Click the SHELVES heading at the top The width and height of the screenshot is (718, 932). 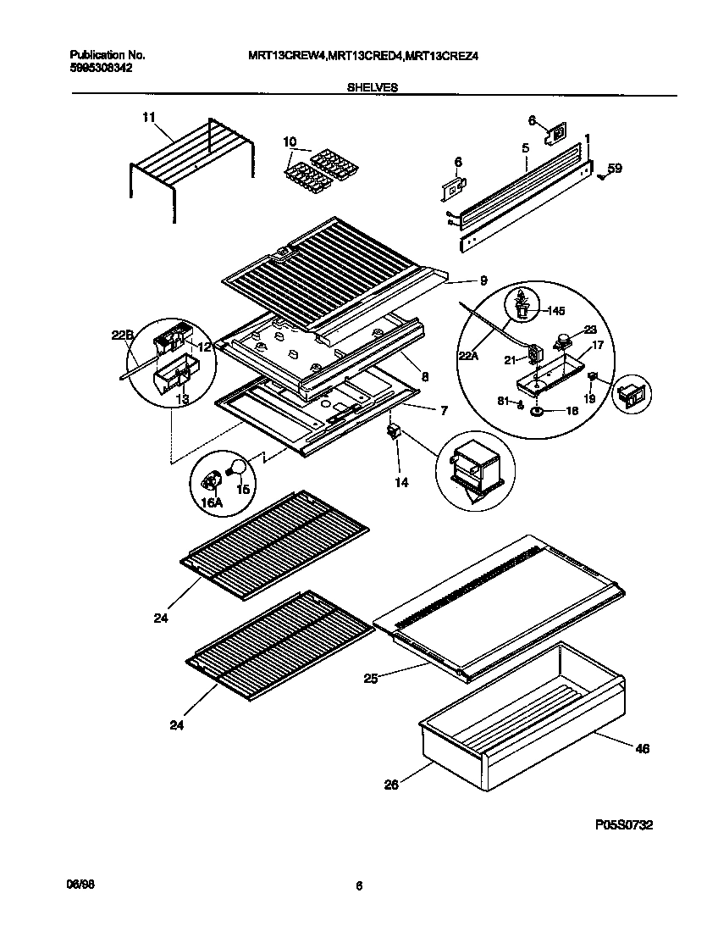(x=373, y=87)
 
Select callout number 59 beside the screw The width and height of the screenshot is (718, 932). (x=615, y=169)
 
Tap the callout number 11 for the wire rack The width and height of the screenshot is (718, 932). (x=149, y=119)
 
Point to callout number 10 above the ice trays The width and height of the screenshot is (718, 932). (x=290, y=141)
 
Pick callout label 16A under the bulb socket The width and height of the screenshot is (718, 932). (x=211, y=502)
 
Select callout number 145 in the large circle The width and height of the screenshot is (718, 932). (x=555, y=310)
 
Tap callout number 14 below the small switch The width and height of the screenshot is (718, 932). (x=401, y=483)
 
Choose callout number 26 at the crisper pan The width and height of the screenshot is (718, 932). (x=390, y=785)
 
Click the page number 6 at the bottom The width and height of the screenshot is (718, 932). (x=358, y=886)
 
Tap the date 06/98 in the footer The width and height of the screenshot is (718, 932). (x=79, y=883)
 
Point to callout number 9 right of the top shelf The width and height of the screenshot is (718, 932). (x=483, y=280)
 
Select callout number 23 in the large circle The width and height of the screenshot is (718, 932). (x=590, y=331)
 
